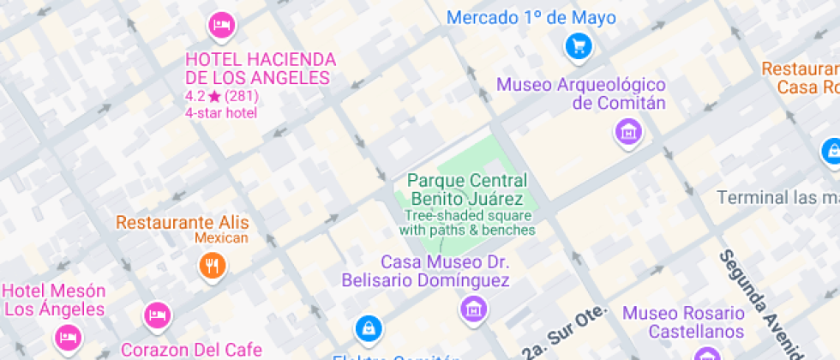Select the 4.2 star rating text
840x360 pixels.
click(222, 96)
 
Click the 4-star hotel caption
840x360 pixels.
click(221, 113)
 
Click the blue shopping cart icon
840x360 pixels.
click(579, 45)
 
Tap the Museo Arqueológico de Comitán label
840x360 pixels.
click(582, 94)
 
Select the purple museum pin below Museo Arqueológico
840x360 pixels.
click(628, 131)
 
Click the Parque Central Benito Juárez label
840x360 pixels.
click(467, 190)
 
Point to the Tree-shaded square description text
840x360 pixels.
click(467, 223)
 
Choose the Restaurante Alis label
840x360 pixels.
click(182, 223)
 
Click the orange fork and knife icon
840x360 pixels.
click(212, 265)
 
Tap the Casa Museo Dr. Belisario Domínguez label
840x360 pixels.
click(426, 271)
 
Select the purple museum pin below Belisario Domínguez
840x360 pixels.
click(472, 308)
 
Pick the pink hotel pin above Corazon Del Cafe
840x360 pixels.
click(156, 315)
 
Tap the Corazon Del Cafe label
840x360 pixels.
click(191, 350)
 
